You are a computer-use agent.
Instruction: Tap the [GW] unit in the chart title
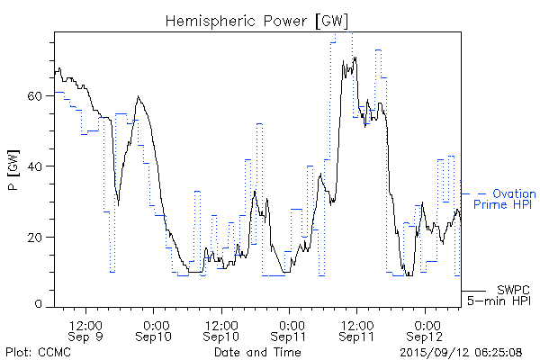pos(330,20)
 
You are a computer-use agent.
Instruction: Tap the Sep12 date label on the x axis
pos(426,336)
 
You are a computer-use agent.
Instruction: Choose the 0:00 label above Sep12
pos(426,323)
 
